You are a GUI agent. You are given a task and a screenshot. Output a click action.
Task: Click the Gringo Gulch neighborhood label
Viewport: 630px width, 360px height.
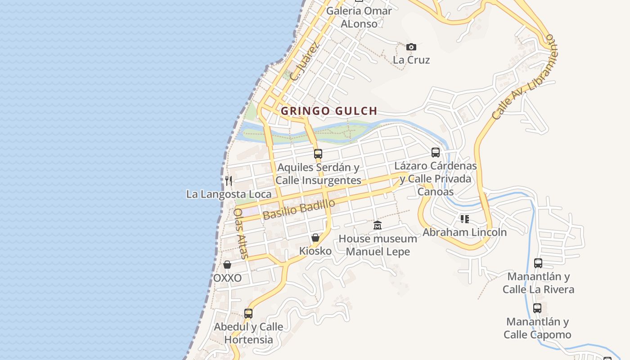328,111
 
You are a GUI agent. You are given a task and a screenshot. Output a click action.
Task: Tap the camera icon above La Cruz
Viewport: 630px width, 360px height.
411,47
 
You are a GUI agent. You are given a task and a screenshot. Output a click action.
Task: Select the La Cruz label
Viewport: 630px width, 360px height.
411,60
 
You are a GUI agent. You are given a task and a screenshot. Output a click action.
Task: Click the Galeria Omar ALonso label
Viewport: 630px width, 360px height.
359,17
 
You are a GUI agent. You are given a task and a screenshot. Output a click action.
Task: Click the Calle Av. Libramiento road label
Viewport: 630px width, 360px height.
524,77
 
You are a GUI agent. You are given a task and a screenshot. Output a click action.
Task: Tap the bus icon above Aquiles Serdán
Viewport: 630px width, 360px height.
318,153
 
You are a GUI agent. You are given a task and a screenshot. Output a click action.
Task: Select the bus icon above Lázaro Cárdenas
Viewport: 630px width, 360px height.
435,152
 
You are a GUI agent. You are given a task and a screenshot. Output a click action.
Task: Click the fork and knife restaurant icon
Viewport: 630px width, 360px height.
229,181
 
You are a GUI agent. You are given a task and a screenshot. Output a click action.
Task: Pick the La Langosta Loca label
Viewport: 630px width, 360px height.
229,194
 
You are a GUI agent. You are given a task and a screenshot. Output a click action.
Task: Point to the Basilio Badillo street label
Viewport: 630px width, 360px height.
299,209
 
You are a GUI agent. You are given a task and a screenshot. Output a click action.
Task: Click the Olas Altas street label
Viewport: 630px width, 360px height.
241,233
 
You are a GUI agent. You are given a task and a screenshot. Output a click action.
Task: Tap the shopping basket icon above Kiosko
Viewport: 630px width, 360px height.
315,238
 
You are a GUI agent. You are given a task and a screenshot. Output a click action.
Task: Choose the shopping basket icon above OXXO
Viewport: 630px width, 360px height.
227,265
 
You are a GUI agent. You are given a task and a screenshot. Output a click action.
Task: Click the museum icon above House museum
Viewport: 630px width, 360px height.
378,225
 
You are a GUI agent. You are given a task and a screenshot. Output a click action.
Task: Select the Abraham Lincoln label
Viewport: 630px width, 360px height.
464,232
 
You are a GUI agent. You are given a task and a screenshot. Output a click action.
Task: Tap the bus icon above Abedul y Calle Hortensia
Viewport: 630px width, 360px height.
248,313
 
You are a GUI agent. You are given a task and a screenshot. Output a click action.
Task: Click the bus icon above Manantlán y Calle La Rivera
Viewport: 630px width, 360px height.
538,263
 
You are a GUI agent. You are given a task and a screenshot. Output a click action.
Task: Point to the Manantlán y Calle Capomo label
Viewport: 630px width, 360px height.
537,328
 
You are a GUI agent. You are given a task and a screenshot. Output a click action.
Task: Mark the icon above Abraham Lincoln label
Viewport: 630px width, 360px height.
464,219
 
